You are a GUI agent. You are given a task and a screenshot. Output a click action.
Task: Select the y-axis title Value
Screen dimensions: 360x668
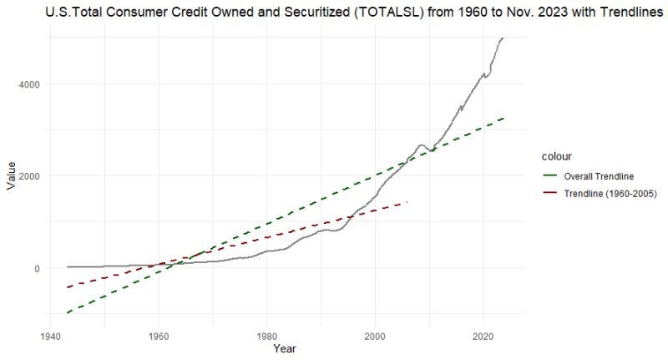12,176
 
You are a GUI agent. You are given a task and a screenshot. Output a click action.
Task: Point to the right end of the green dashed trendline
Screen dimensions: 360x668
504,118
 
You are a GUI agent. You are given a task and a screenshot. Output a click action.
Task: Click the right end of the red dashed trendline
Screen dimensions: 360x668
407,202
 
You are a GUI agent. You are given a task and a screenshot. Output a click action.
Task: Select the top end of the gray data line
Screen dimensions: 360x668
503,38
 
